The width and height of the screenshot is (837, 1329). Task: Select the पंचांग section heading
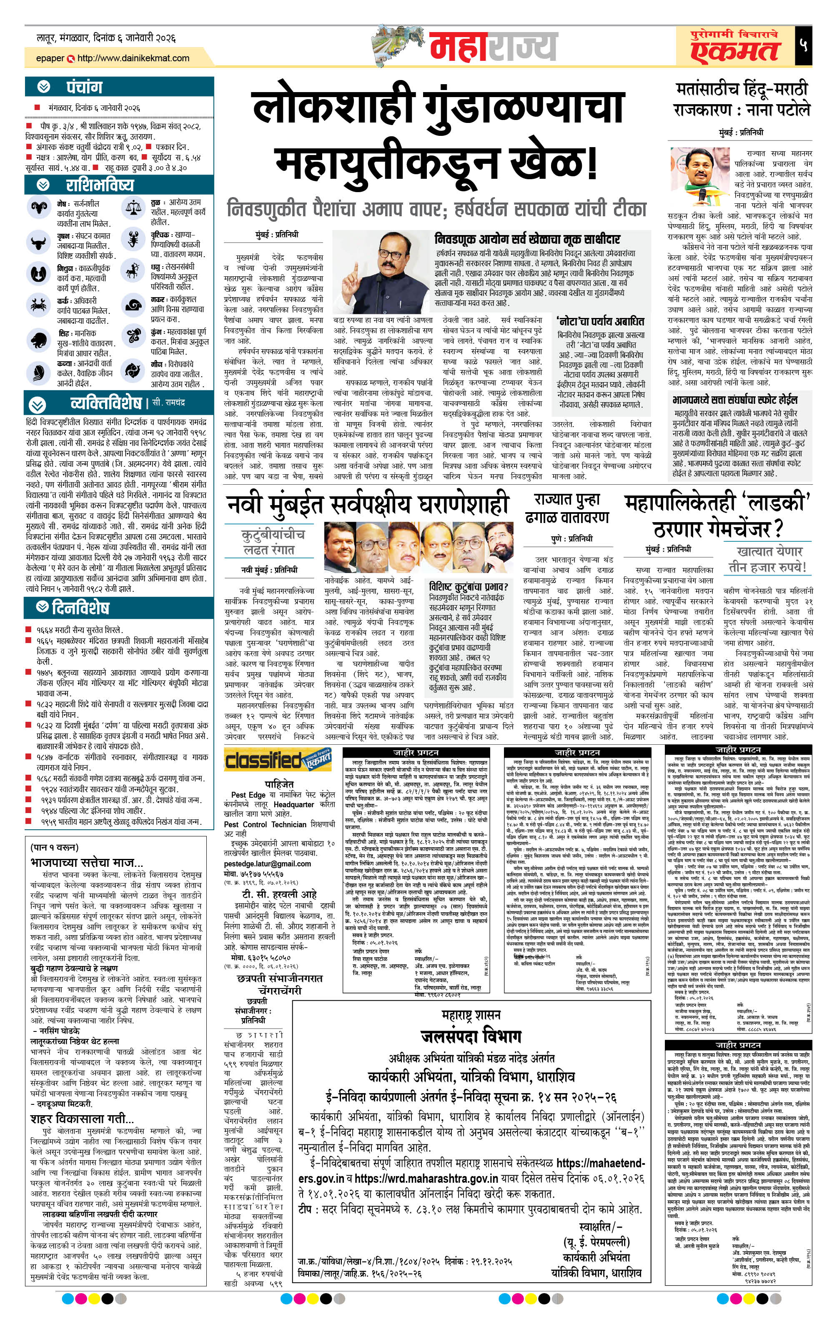pos(84,87)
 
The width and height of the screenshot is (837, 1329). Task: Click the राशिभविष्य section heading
pos(99,184)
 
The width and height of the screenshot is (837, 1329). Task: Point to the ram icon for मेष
pos(39,208)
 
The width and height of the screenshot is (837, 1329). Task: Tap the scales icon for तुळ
pos(133,208)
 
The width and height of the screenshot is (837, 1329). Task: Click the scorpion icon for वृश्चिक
pos(133,239)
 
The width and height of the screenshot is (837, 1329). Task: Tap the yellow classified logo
pos(278,761)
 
